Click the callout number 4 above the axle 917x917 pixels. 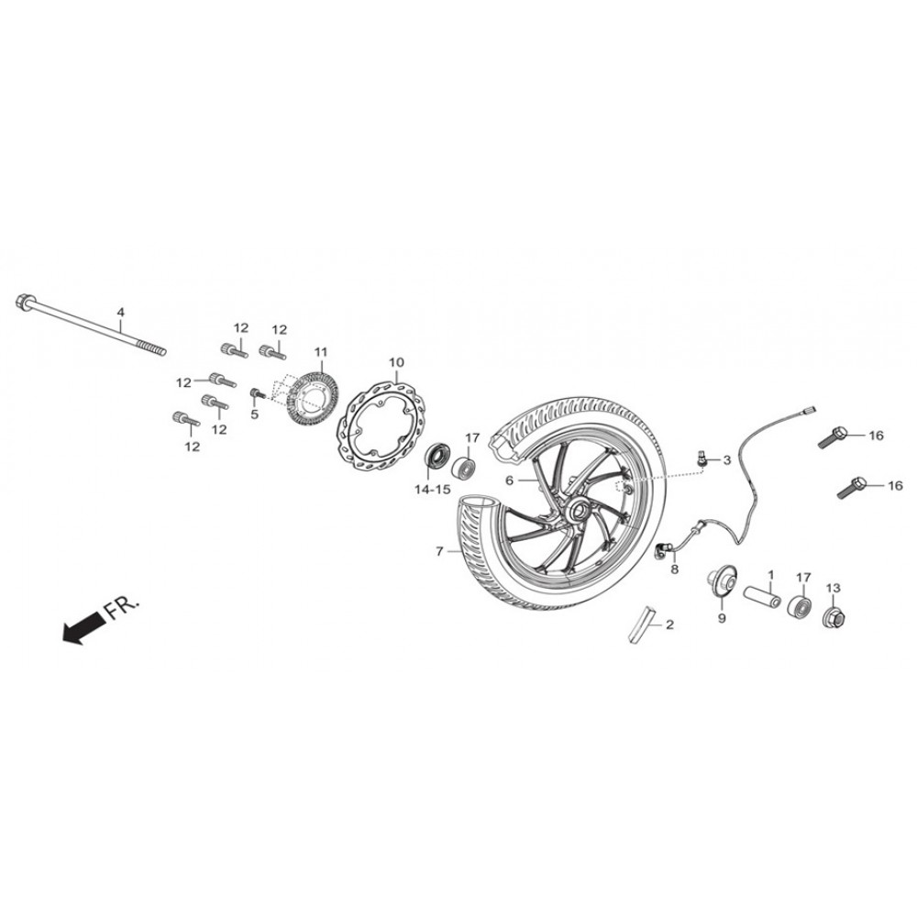120,312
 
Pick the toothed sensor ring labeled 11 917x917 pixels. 314,398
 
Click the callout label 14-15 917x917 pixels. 433,490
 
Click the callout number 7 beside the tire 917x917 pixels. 439,551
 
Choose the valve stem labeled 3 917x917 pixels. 702,458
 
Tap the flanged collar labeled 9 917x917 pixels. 721,582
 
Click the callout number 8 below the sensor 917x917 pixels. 674,569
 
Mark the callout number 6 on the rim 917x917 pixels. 509,481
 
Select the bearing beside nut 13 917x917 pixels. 799,606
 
